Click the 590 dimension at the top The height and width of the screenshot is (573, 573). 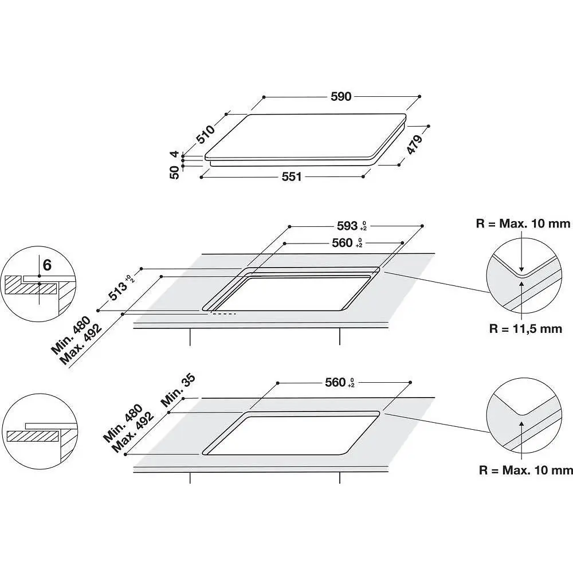pyautogui.click(x=340, y=97)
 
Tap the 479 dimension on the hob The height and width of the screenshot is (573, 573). pyautogui.click(x=414, y=144)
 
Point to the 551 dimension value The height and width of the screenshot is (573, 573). pyautogui.click(x=291, y=177)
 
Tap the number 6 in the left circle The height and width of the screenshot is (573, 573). pyautogui.click(x=47, y=265)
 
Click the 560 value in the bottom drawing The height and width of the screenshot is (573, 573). pyautogui.click(x=335, y=382)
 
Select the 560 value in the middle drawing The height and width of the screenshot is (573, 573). pyautogui.click(x=342, y=243)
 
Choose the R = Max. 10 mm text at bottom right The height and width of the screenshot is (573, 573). pyautogui.click(x=526, y=470)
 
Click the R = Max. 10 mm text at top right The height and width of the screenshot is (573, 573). pyautogui.click(x=523, y=224)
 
